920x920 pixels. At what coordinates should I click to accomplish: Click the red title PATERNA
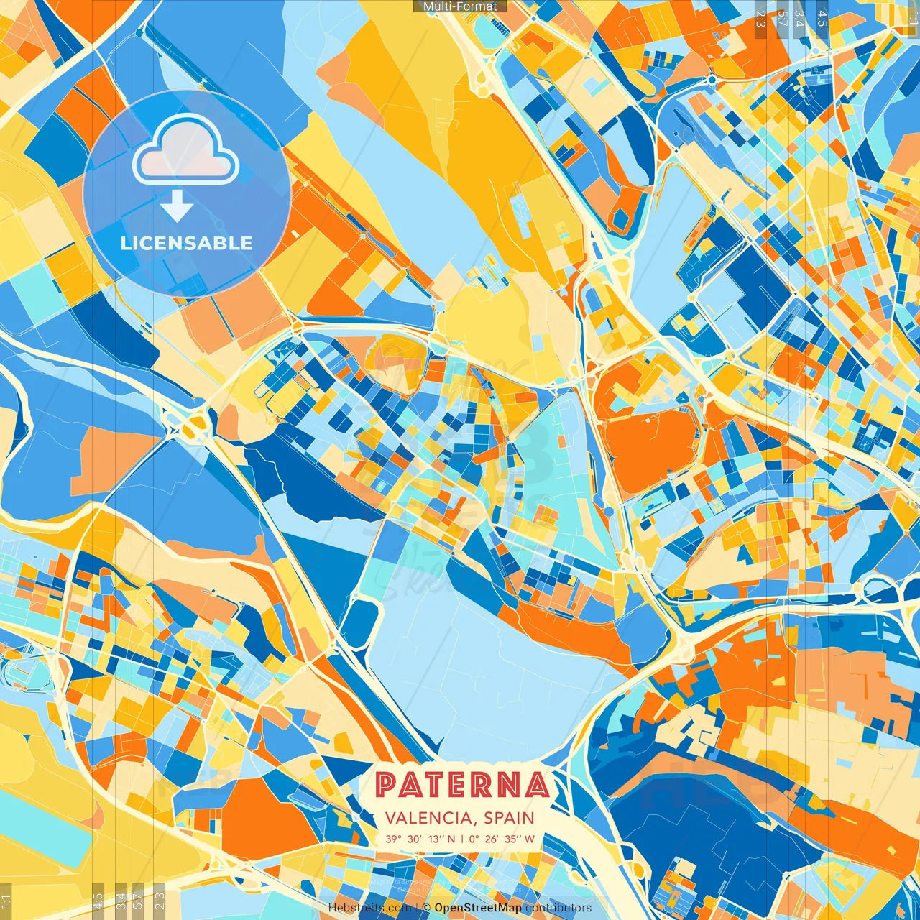[461, 785]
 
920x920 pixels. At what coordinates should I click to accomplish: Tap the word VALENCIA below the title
[427, 818]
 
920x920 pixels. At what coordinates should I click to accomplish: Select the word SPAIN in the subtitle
[509, 818]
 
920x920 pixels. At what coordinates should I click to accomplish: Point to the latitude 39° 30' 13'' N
[420, 839]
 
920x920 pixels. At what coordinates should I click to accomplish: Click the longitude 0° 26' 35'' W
[502, 839]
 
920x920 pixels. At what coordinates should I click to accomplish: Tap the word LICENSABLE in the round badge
[187, 243]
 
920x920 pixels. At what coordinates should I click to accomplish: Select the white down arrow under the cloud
[177, 208]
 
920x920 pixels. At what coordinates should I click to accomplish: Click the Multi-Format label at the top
[460, 6]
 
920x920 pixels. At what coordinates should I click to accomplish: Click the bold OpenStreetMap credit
[478, 908]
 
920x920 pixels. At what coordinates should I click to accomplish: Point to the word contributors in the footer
[558, 908]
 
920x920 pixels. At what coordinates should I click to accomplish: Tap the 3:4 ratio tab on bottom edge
[121, 899]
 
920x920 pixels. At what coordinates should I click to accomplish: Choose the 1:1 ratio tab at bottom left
[6, 900]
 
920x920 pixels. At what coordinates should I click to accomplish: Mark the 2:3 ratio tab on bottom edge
[160, 899]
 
